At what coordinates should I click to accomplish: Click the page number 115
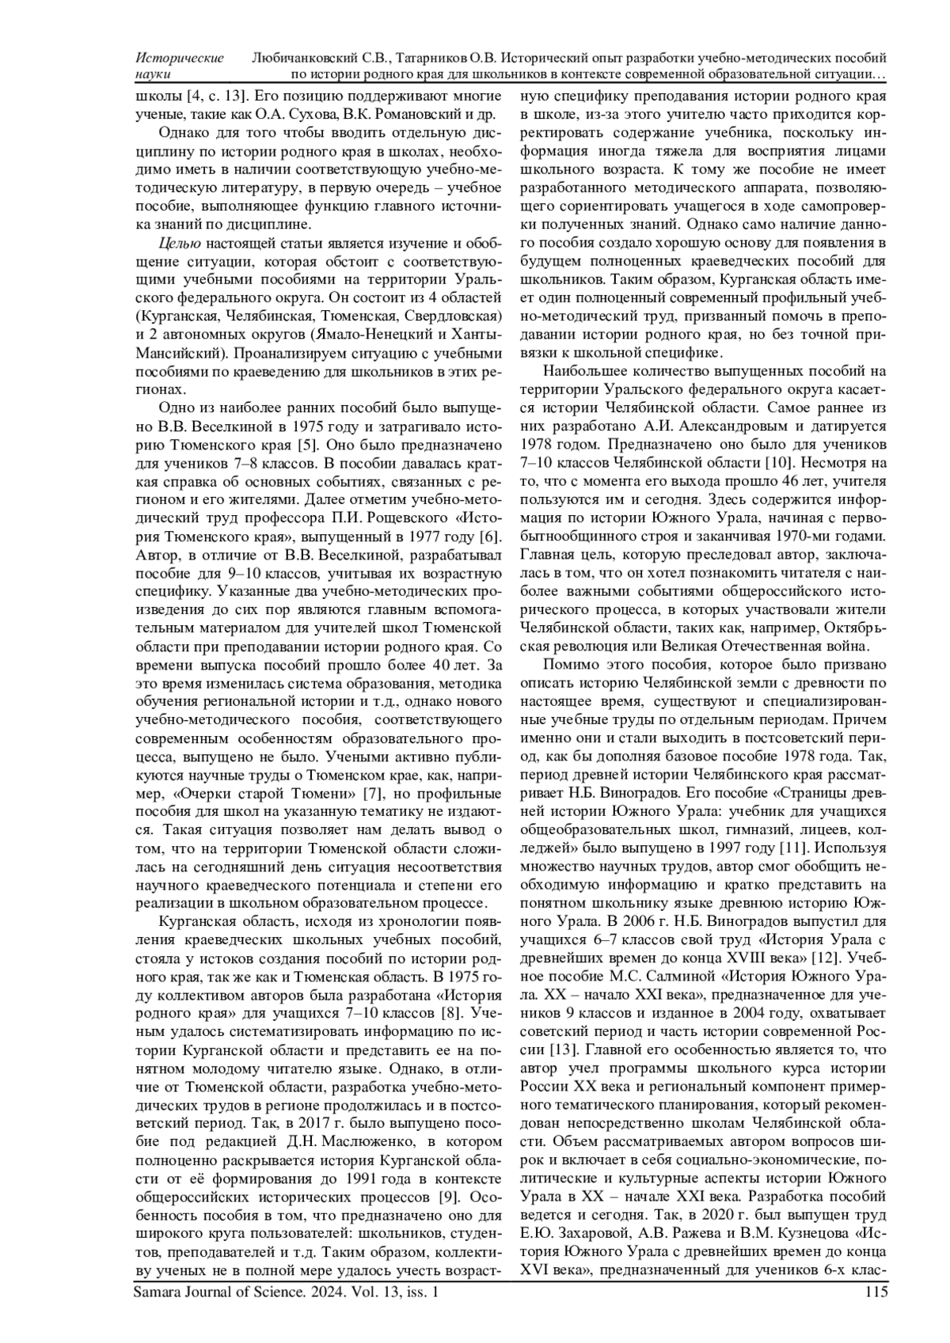click(876, 1292)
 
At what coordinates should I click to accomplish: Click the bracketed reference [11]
click(793, 847)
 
